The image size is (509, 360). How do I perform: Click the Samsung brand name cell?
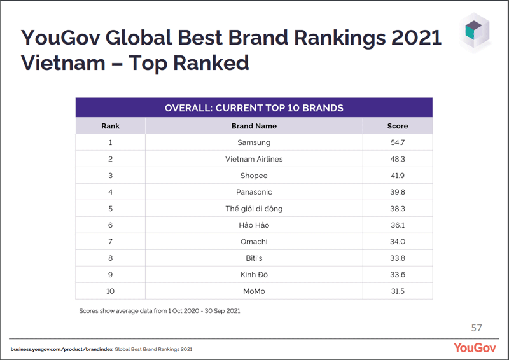(x=254, y=142)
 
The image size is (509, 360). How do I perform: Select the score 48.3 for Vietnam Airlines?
(x=397, y=159)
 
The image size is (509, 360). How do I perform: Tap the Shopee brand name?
(x=254, y=176)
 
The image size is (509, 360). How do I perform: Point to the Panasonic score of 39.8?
(x=397, y=192)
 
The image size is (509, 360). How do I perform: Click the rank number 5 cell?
(x=110, y=209)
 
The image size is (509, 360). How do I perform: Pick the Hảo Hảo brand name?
(x=254, y=225)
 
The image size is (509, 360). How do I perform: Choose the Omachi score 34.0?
(x=397, y=242)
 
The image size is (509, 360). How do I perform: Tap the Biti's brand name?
(x=254, y=258)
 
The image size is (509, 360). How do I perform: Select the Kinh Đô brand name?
(x=254, y=275)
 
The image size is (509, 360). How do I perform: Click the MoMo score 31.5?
(x=397, y=291)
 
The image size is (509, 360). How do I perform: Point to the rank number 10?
(x=110, y=291)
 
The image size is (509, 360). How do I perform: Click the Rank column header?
(x=110, y=126)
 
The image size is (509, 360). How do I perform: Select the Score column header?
(x=397, y=126)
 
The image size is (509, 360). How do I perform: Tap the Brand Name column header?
(x=254, y=126)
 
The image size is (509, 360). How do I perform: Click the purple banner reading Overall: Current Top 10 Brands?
(x=254, y=107)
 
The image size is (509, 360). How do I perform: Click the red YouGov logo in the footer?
(x=475, y=348)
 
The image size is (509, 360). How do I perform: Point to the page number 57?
(x=477, y=328)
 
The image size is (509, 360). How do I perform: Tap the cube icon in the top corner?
(x=474, y=31)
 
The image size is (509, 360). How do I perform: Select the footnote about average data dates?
(x=160, y=311)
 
